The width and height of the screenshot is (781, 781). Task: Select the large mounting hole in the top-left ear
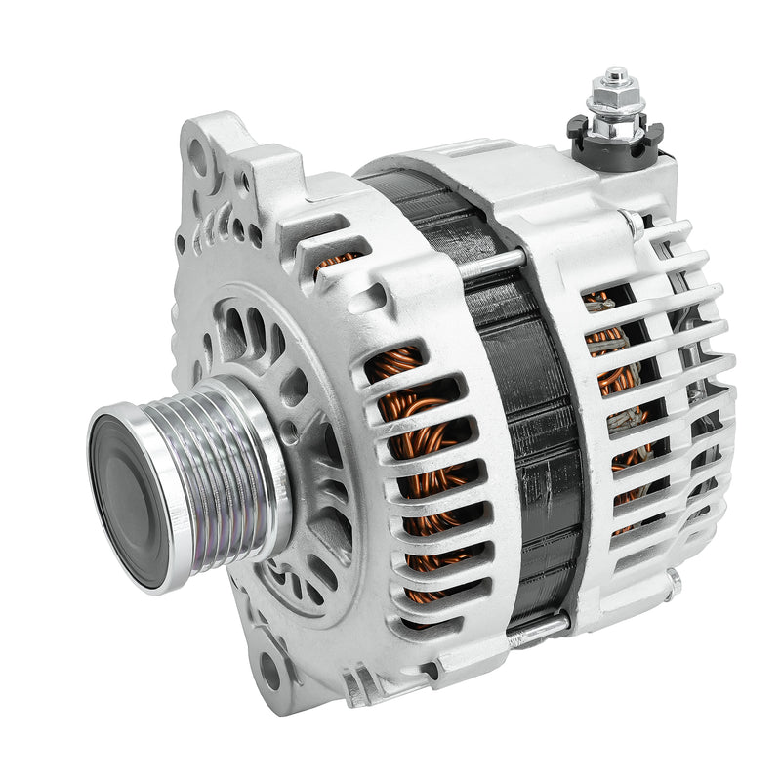(x=198, y=155)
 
